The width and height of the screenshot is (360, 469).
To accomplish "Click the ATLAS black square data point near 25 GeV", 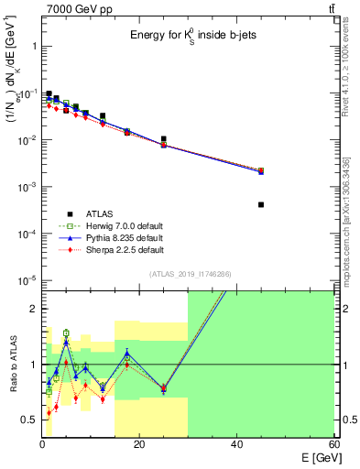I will point(163,139).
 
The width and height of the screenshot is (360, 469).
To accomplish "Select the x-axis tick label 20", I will point(138,445).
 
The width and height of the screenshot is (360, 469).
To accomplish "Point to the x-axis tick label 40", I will point(236,445).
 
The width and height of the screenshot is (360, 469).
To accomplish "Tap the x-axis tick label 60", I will point(333,445).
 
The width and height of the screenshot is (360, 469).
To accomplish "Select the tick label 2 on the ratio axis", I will point(32,309).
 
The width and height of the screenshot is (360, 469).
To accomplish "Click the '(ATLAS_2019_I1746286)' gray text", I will point(189,273).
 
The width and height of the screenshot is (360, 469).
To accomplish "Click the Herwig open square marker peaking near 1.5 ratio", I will point(66,333).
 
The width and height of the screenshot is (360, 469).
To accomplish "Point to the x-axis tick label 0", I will point(41,445).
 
